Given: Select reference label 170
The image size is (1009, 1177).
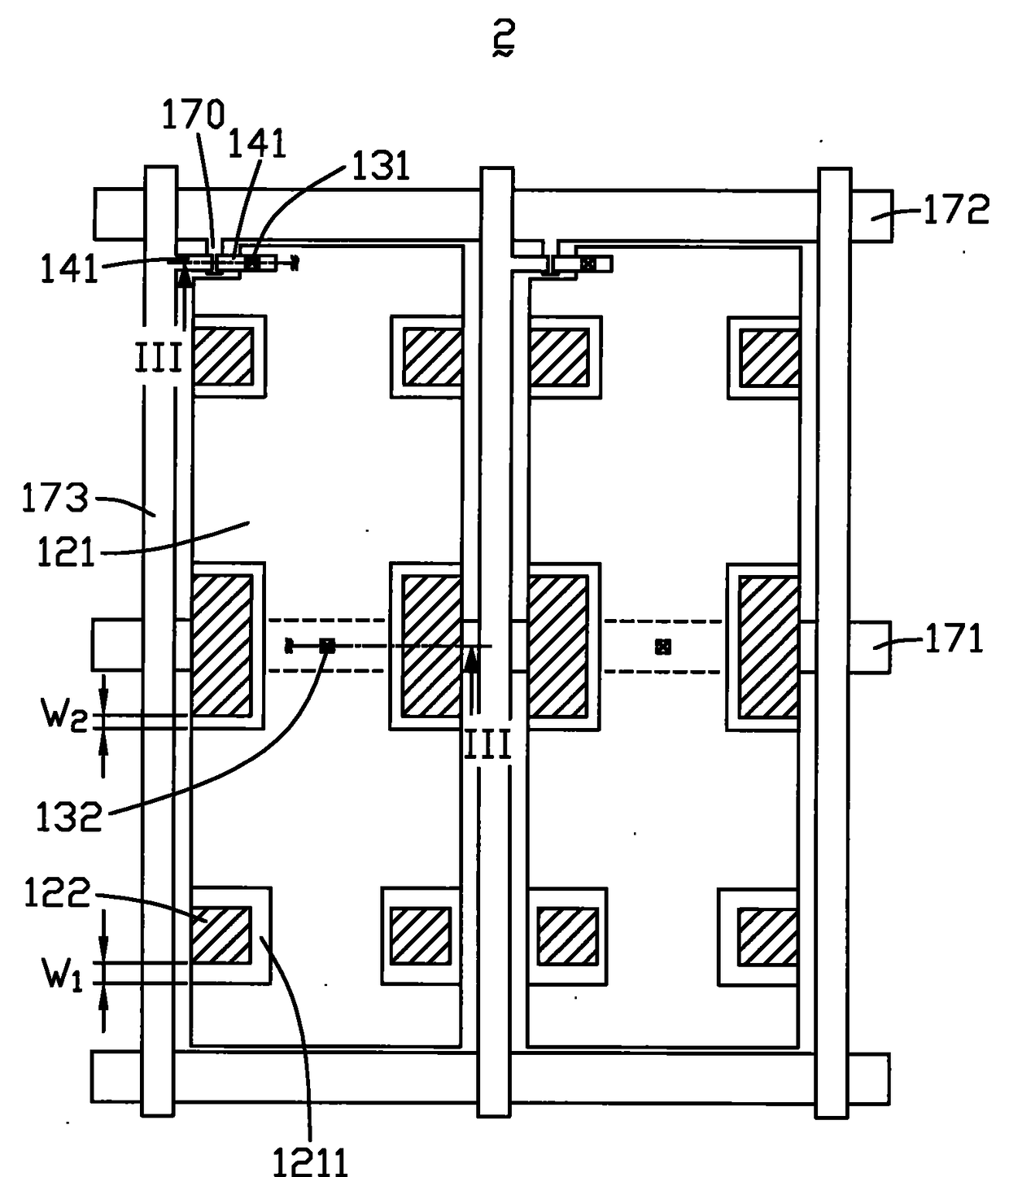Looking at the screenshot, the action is pyautogui.click(x=193, y=115).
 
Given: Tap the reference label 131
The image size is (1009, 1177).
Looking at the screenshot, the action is pyautogui.click(x=381, y=166).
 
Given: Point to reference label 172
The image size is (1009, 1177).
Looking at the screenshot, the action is pyautogui.click(x=956, y=210).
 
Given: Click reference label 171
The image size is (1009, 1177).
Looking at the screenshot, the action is pyautogui.click(x=954, y=639).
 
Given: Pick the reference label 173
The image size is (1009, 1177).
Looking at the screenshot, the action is pyautogui.click(x=55, y=498).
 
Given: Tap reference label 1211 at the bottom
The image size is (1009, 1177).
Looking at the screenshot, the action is pyautogui.click(x=311, y=1161).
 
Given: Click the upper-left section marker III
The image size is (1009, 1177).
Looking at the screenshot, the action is pyautogui.click(x=159, y=358).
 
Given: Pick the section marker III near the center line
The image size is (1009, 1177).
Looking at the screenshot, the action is pyautogui.click(x=487, y=745).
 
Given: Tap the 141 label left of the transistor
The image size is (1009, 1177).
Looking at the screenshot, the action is pyautogui.click(x=69, y=268).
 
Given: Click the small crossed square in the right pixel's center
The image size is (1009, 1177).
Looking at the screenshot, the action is pyautogui.click(x=662, y=647).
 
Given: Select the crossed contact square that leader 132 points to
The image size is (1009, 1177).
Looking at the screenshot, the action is pyautogui.click(x=327, y=646).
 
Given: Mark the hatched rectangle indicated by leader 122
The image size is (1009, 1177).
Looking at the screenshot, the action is pyautogui.click(x=221, y=935).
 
